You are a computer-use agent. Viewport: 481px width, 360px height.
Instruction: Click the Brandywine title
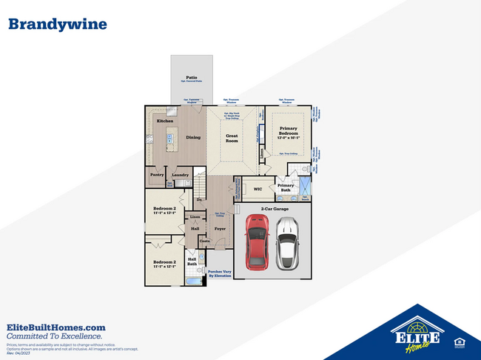point(57,24)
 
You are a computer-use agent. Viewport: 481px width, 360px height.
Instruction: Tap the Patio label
point(191,77)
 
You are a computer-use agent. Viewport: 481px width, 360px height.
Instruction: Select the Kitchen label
point(164,120)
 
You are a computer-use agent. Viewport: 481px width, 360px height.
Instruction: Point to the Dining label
point(193,137)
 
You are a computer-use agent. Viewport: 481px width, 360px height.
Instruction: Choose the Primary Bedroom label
point(288,131)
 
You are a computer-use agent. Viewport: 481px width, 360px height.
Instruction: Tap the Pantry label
point(157,175)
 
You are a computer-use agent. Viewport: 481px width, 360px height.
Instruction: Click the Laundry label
point(181,175)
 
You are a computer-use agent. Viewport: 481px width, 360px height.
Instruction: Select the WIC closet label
point(258,189)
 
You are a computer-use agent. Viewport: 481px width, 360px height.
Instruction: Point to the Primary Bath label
point(286,188)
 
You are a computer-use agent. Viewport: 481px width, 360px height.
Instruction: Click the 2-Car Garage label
point(274,209)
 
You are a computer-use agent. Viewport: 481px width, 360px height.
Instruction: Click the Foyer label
point(220,229)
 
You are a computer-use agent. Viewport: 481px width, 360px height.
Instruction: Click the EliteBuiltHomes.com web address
point(56,327)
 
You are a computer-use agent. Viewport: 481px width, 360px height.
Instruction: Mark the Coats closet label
point(205,241)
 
